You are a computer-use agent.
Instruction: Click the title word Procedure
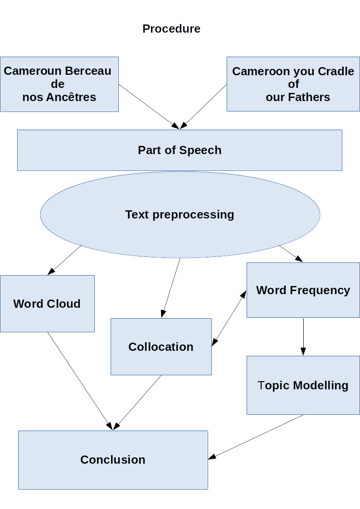(171, 29)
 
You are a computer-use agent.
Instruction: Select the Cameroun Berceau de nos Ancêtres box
(59, 84)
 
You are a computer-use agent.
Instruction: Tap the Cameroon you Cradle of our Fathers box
(293, 84)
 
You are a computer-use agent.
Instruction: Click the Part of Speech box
(180, 150)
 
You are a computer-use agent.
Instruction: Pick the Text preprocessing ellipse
(180, 214)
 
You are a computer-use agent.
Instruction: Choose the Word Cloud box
(47, 303)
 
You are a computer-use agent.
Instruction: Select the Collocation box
(161, 346)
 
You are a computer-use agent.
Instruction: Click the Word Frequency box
(303, 290)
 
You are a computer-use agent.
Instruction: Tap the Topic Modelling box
(303, 385)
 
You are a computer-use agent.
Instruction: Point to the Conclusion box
(113, 459)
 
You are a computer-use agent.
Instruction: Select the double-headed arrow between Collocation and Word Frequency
(229, 319)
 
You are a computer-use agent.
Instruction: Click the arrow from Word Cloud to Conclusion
(79, 381)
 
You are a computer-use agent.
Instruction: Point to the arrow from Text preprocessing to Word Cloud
(64, 260)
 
